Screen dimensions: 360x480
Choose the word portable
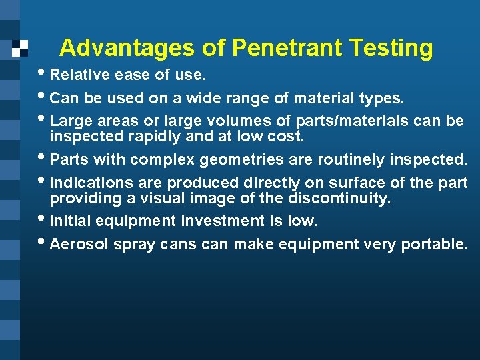coord(434,245)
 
